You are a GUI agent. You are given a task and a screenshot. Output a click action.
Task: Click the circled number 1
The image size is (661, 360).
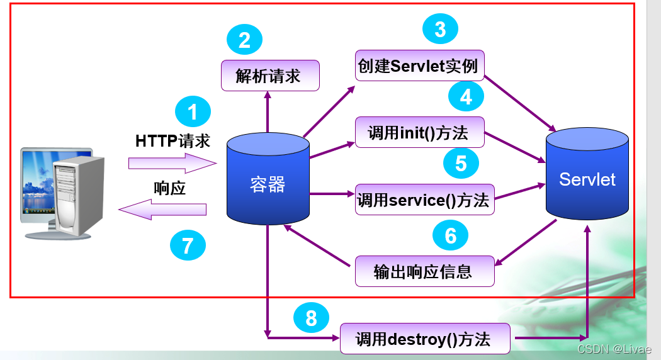pos(193,112)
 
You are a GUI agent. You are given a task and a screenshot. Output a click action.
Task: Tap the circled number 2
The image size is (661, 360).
pos(244,40)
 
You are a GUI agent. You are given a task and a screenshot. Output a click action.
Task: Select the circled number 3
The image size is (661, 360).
pos(440,29)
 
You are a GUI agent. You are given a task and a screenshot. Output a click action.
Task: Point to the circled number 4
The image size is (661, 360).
pos(466,97)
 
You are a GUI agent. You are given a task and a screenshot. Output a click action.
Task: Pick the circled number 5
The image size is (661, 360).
pos(461,164)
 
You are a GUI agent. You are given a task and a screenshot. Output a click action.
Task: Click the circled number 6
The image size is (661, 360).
pos(451,235)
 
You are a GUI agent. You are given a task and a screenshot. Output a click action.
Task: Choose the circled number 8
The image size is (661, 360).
pos(311,318)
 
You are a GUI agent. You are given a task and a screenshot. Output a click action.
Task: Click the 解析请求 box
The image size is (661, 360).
pos(270,76)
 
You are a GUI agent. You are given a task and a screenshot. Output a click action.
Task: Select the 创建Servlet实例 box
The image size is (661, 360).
pos(420,65)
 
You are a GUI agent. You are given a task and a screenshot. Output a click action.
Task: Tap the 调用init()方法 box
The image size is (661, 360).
pos(420,133)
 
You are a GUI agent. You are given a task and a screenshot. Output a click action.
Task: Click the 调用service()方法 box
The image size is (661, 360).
pos(424,200)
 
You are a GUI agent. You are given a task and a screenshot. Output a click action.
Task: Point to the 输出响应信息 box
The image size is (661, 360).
pos(424,271)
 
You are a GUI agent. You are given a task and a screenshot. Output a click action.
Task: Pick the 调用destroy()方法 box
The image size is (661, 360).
pos(424,339)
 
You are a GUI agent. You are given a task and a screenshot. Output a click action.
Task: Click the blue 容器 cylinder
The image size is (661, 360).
pos(268,183)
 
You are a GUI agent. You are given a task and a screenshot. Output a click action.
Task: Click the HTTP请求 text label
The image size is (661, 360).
pos(172,141)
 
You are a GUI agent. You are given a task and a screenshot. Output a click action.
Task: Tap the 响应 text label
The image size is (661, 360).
pos(169,188)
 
